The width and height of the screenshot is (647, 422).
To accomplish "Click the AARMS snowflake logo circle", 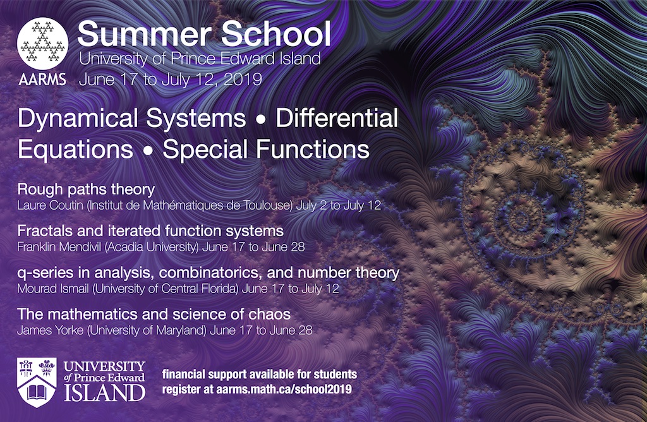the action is (42, 44).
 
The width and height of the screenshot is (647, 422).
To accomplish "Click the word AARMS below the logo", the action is (42, 79).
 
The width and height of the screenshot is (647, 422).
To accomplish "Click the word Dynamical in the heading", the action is (78, 119).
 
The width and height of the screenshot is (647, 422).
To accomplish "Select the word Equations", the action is (76, 150).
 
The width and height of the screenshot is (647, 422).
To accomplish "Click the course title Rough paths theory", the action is (86, 190).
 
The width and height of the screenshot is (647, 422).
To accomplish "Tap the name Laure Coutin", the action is (50, 205).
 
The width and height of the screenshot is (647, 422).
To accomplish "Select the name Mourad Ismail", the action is (53, 288).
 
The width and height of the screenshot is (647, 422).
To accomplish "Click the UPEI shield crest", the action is (37, 382).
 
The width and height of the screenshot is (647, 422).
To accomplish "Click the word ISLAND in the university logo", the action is (104, 393).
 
